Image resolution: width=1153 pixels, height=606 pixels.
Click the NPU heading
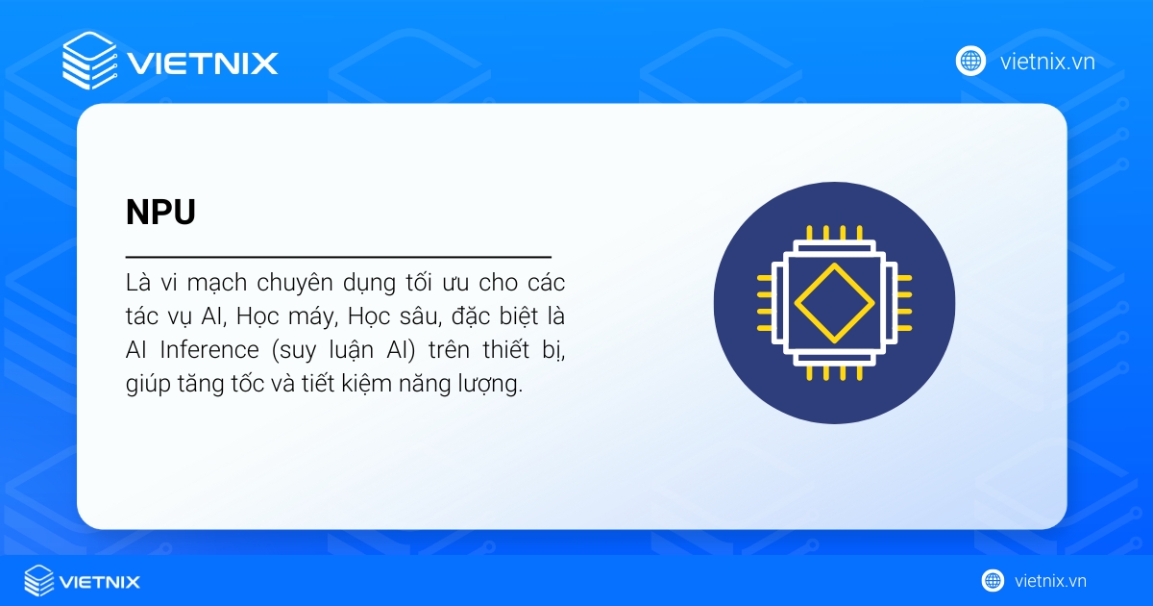[160, 213]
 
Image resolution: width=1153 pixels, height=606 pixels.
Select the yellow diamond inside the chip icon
[834, 301]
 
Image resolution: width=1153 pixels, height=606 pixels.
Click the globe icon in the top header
[970, 61]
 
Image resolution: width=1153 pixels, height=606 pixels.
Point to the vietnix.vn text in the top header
[1046, 62]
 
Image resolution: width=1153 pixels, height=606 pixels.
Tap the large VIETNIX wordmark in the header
[202, 63]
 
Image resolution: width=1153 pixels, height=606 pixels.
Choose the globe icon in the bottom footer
[993, 580]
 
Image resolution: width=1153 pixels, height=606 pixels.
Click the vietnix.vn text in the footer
[1050, 581]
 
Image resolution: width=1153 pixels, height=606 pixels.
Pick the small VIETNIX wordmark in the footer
[100, 581]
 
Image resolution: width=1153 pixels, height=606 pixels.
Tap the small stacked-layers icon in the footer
[39, 580]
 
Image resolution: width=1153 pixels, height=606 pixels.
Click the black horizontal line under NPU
[338, 258]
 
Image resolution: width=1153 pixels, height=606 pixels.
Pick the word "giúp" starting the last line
[147, 384]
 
